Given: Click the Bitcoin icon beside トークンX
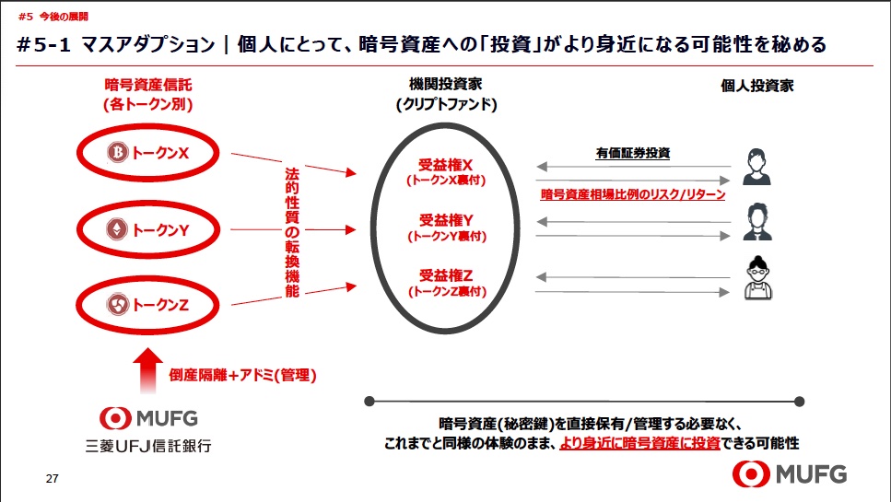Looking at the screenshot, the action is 118,152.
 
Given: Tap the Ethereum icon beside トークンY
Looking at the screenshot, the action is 117,228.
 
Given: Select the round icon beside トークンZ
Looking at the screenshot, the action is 117,305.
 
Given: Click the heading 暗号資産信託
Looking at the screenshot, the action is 148,85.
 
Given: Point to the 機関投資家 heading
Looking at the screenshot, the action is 446,84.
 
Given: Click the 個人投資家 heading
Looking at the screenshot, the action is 756,86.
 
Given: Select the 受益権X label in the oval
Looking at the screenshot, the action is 446,165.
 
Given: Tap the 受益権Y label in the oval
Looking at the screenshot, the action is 446,220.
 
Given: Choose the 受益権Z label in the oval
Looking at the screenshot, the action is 446,275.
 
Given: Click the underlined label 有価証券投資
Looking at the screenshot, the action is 632,153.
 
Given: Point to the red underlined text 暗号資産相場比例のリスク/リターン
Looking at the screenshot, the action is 632,194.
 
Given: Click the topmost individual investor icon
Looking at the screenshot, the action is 756,167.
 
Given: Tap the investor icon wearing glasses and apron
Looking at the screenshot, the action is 758,277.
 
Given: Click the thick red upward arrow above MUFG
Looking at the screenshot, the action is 147,370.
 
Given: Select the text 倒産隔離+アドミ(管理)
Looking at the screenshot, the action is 242,375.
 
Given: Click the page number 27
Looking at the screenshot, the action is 53,479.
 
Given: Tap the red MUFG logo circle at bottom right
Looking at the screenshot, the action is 751,473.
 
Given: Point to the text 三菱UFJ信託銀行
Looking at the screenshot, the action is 148,446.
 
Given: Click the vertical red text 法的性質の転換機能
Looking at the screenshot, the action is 292,232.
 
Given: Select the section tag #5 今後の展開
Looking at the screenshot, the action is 53,17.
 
